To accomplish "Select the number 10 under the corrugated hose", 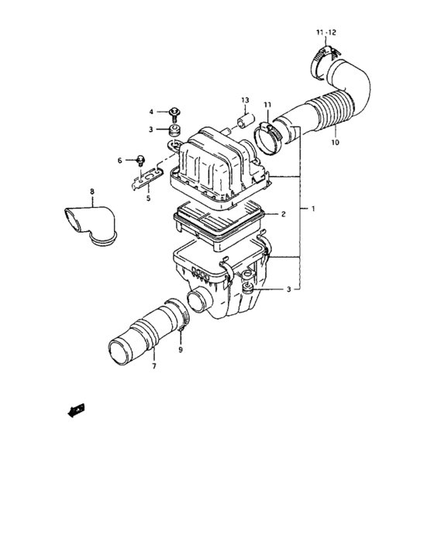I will coord(335,143).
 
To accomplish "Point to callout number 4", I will coord(152,112).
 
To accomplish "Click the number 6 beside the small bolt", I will coord(120,161).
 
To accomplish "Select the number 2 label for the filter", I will coord(283,213).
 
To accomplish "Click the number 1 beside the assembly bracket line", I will coord(313,209).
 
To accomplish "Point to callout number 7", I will coord(153,365).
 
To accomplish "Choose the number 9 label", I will coord(181,350).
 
